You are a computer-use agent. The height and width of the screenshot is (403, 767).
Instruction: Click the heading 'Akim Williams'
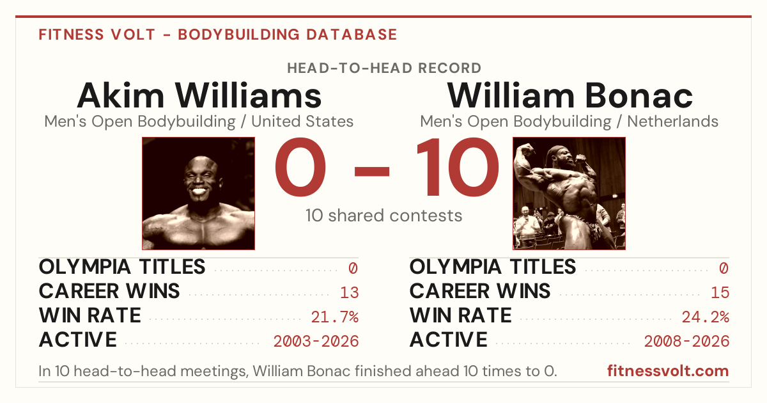(x=199, y=95)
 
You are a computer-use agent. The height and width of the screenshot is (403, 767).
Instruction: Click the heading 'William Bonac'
(x=569, y=95)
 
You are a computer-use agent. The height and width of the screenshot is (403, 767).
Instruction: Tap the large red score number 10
(x=458, y=167)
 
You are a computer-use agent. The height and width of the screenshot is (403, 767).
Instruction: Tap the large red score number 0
(x=300, y=167)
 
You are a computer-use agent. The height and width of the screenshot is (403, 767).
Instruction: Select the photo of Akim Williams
(x=199, y=194)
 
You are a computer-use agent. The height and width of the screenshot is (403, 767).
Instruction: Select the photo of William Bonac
(x=569, y=194)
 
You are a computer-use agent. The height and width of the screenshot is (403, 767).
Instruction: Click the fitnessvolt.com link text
(x=668, y=371)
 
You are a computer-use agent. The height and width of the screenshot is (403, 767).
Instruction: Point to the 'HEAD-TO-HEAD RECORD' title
(x=384, y=68)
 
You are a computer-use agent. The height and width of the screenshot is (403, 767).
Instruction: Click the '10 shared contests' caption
(x=384, y=216)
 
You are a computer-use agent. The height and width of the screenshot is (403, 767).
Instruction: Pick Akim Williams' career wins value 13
(x=349, y=293)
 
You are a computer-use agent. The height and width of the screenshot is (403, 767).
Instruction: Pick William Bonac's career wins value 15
(x=720, y=293)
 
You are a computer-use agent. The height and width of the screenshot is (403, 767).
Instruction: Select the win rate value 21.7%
(x=335, y=317)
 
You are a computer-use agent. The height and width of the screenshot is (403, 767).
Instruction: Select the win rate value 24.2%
(x=706, y=317)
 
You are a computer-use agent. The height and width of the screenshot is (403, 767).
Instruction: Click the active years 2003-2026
(x=316, y=342)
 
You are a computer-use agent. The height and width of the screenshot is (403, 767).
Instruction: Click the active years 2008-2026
(x=686, y=342)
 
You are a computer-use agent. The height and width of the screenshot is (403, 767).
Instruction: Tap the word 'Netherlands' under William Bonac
(x=672, y=122)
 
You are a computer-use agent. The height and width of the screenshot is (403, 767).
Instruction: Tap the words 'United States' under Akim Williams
(x=302, y=122)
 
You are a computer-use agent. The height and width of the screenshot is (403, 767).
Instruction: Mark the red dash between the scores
(x=372, y=171)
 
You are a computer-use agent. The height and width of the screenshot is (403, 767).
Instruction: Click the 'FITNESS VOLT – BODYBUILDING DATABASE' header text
(x=218, y=35)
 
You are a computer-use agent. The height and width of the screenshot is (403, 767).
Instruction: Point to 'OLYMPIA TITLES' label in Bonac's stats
(x=493, y=267)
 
